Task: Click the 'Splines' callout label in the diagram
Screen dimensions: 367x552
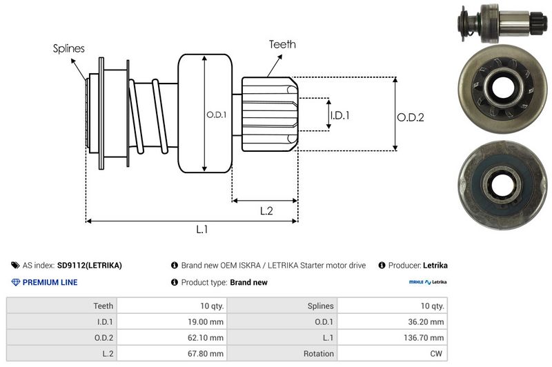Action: click(x=69, y=49)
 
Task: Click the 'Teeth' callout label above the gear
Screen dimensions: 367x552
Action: click(x=282, y=44)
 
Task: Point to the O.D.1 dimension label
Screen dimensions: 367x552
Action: click(x=216, y=115)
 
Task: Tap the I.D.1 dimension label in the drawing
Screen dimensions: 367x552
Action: click(x=339, y=115)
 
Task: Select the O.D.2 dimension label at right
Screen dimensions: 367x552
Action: click(x=410, y=117)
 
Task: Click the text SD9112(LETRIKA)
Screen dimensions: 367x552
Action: click(x=89, y=265)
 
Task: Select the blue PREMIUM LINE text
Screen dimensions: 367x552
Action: click(x=50, y=282)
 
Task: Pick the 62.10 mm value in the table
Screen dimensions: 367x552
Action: click(x=207, y=337)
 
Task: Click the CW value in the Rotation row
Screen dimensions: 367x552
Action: click(x=435, y=354)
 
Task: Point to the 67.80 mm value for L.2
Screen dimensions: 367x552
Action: click(x=207, y=354)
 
